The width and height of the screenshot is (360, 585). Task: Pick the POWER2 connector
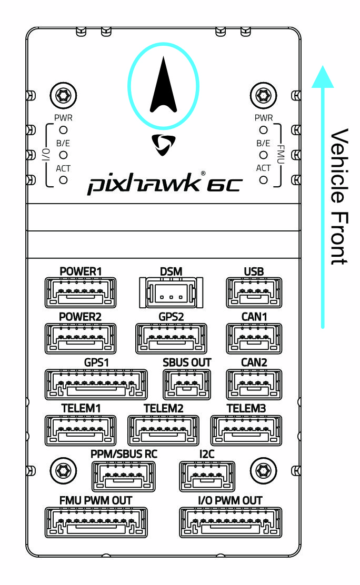tap(81, 339)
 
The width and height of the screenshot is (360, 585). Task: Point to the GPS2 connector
tap(171, 339)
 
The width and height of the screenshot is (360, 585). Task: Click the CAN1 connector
tap(254, 339)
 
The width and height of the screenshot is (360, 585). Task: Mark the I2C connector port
tap(207, 477)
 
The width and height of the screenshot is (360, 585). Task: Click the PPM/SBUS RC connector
tap(124, 477)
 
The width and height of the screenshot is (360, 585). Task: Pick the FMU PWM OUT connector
tap(96, 522)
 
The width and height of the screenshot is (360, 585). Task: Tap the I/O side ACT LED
tap(63, 180)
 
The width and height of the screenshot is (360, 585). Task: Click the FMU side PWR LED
tap(264, 129)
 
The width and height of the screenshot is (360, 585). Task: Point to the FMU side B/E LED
tap(264, 155)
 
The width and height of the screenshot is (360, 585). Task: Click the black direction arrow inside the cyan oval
tap(164, 87)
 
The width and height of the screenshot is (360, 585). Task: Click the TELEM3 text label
tap(246, 409)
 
